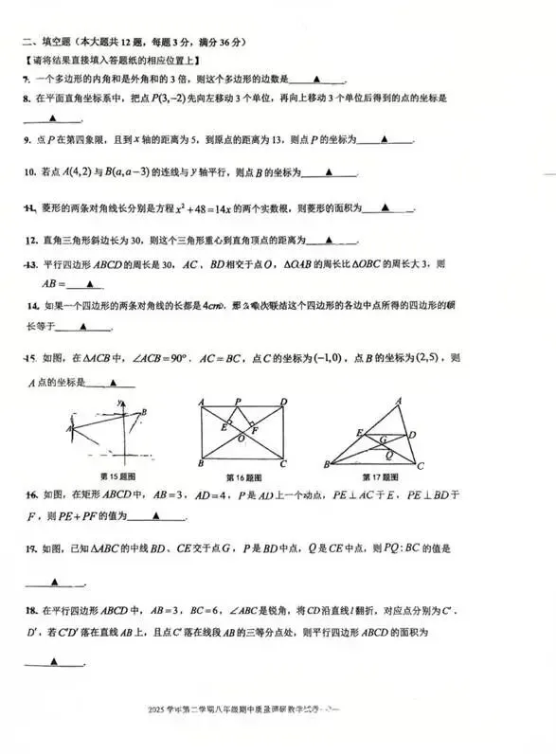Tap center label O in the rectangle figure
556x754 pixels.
[x=242, y=439]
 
